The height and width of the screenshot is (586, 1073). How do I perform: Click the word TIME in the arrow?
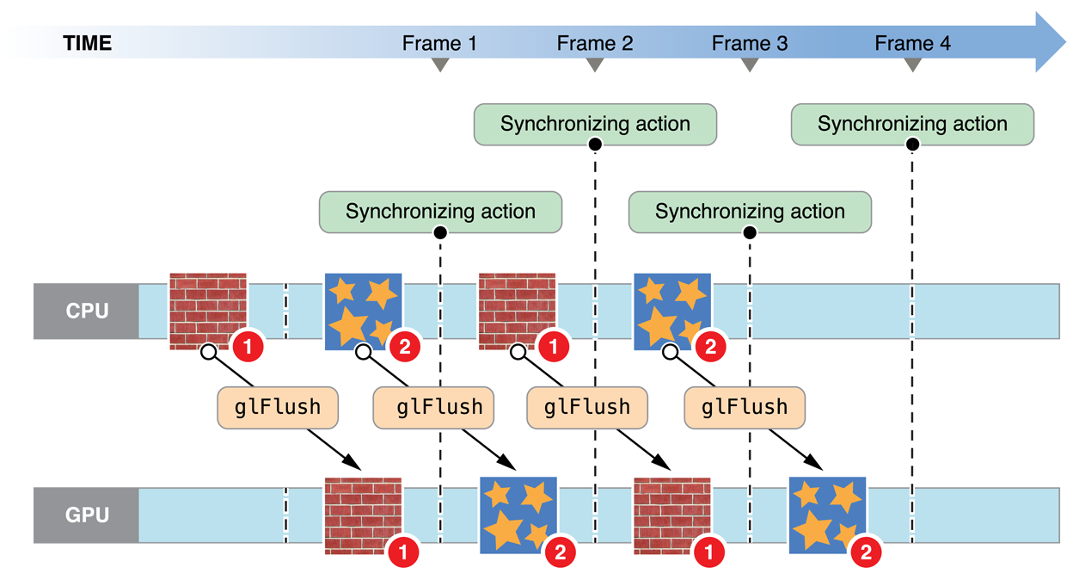pos(88,42)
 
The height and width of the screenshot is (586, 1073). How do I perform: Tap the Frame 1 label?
pos(438,42)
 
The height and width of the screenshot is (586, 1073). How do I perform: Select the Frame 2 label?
pos(594,42)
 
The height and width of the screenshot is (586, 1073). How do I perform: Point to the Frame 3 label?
pos(750,42)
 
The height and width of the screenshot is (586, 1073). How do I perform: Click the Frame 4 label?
pos(912,42)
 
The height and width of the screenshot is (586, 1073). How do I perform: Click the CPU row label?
pos(88,311)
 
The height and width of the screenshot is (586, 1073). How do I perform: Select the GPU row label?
pos(88,515)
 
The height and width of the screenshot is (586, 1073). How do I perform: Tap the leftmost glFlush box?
pos(277,407)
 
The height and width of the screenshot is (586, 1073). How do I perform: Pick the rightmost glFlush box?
pos(745,407)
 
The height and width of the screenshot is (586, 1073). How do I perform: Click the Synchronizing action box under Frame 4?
pos(912,124)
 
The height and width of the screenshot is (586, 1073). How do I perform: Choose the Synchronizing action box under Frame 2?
pos(595,124)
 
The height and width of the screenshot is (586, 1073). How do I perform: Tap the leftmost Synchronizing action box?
pos(440,212)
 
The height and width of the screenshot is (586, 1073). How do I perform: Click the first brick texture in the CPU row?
pos(208,311)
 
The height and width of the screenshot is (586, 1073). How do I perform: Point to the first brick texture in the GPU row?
pos(363,515)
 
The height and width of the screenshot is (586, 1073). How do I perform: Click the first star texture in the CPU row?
pos(364,311)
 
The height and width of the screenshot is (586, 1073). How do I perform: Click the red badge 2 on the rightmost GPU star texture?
pos(865,552)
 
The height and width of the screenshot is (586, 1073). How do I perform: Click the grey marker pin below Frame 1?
pos(439,76)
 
